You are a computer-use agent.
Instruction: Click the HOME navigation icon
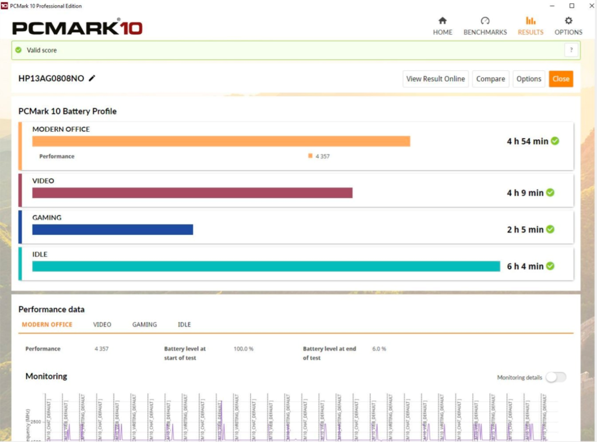tap(443, 21)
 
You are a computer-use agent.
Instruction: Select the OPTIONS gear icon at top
tap(568, 21)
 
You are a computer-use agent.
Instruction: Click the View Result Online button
tap(436, 79)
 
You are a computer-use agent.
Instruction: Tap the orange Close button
tap(561, 79)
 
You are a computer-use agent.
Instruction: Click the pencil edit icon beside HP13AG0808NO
tap(92, 79)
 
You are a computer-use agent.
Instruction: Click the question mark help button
tap(571, 50)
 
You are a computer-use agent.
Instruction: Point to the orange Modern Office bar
tap(221, 142)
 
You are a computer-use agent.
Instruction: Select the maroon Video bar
tap(192, 193)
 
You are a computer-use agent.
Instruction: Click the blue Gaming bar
tap(113, 229)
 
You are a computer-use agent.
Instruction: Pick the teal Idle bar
tap(266, 266)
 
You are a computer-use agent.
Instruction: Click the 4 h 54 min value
tap(527, 142)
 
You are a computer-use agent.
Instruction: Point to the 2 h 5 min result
tap(525, 229)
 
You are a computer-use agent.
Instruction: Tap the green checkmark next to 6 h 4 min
tap(550, 266)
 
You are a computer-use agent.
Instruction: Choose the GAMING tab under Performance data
tap(144, 324)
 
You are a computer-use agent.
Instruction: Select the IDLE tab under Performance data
tap(184, 324)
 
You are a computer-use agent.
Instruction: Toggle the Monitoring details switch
tap(555, 377)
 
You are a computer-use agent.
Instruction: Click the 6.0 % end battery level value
tap(379, 349)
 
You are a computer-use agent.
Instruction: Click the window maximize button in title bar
tap(572, 6)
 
